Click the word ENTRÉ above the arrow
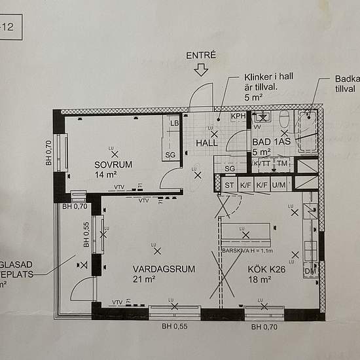pos(200,55)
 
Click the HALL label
pos(207,143)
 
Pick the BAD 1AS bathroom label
pos(271,142)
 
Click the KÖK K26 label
pos(268,269)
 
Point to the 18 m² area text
pos(261,279)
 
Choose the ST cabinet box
pos(229,185)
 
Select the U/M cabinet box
pos(279,185)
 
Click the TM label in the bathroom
pos(282,163)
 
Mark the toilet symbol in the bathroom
pos(283,120)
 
